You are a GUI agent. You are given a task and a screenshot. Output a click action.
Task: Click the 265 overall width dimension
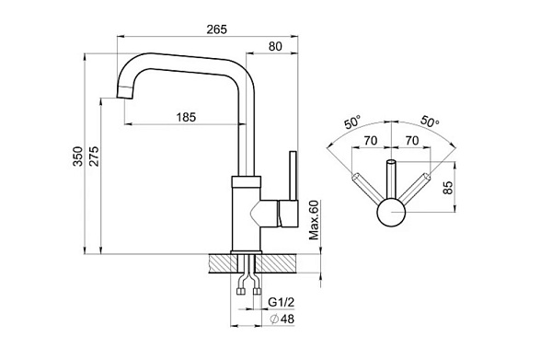(216, 29)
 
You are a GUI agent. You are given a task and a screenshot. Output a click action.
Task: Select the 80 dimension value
(275, 46)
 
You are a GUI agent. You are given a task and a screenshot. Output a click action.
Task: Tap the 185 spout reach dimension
(186, 117)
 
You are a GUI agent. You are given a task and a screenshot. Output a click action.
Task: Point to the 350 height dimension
(78, 156)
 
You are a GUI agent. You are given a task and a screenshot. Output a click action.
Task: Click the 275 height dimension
(94, 156)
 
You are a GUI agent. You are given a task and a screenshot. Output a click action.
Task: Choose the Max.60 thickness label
(314, 220)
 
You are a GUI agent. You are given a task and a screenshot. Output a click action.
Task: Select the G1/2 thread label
(281, 302)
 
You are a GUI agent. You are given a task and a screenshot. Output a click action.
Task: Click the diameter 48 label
(282, 319)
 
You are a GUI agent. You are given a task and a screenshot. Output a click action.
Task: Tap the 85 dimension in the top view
(447, 188)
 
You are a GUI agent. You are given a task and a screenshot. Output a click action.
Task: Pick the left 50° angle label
(352, 122)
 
